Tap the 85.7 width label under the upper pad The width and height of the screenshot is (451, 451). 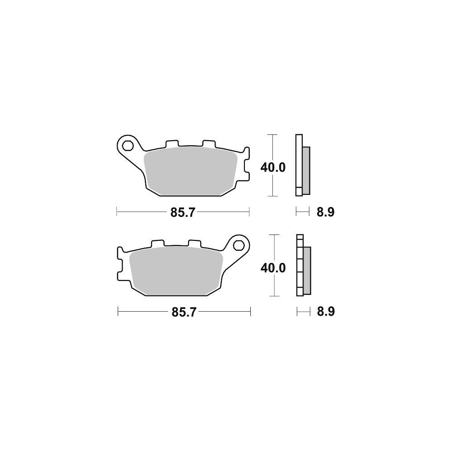[x=182, y=212]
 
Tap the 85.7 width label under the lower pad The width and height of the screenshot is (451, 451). [x=183, y=312]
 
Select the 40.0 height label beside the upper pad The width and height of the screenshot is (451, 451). [x=273, y=167]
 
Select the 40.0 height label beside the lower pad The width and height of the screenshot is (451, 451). [x=273, y=268]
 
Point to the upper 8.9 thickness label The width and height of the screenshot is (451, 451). [x=325, y=212]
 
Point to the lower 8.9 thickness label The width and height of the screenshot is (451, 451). [x=325, y=312]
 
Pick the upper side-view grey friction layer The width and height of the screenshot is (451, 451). [x=306, y=170]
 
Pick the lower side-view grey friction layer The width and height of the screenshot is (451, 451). [x=307, y=270]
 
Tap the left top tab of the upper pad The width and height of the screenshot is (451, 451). [x=172, y=143]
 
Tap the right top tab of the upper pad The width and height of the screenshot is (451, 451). [x=208, y=143]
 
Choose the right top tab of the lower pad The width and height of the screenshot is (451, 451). [x=194, y=243]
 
